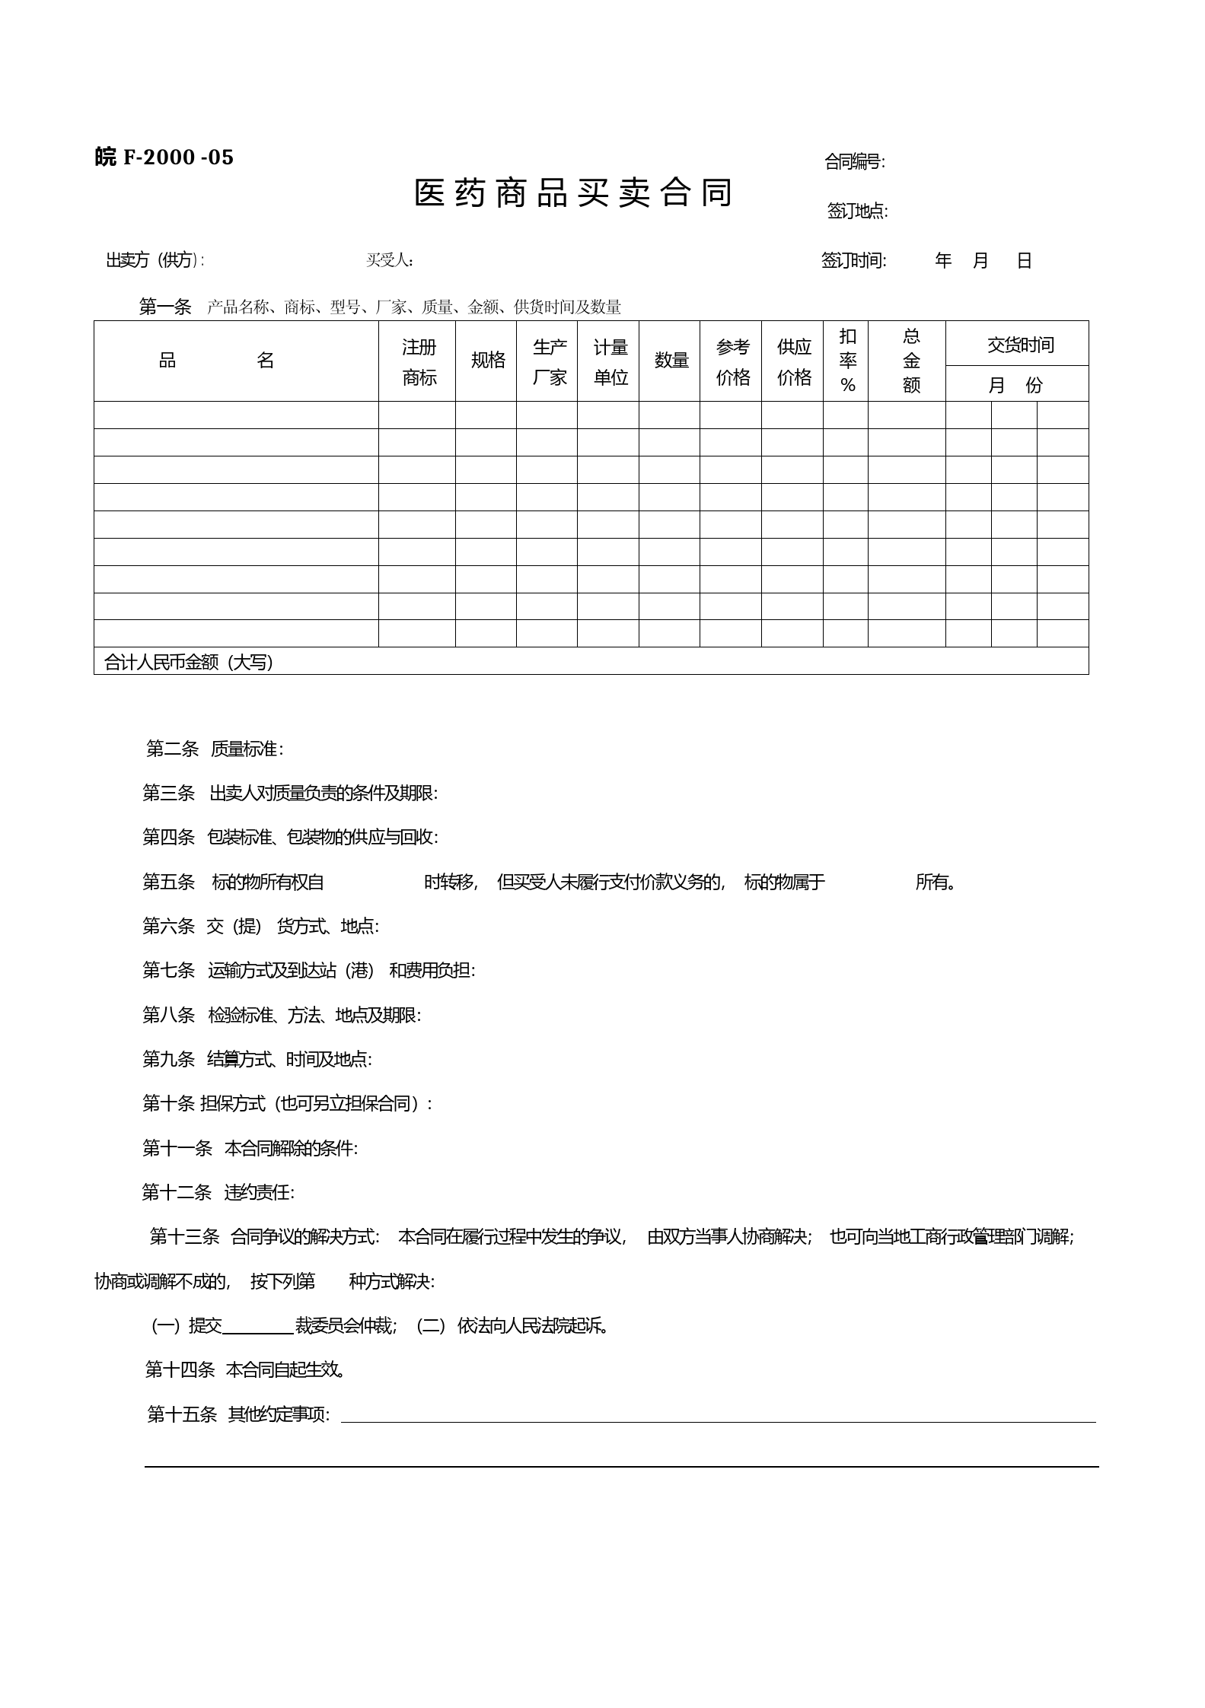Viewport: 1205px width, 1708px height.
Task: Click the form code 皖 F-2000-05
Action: coord(164,157)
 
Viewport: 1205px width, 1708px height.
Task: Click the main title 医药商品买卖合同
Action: coord(572,193)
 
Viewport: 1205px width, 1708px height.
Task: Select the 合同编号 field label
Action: coord(854,162)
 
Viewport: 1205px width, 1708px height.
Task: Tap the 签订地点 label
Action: coord(857,212)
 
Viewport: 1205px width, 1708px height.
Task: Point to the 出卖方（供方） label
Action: coord(155,260)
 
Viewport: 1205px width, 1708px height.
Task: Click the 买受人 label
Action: coord(390,260)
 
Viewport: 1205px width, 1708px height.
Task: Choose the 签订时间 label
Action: coord(853,261)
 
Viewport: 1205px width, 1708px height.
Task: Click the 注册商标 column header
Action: coord(419,362)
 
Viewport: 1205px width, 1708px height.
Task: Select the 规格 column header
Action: coord(487,361)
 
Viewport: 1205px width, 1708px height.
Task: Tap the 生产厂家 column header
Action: coord(549,362)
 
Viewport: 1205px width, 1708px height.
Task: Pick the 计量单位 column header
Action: coord(610,362)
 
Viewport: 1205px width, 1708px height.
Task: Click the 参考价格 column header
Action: coord(732,362)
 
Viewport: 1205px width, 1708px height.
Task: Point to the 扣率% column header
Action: coord(847,361)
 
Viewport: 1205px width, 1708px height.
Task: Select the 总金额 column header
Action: coord(910,361)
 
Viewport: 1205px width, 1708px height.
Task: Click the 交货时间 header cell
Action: coord(1020,345)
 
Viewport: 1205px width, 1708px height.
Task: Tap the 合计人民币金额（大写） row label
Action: coord(188,662)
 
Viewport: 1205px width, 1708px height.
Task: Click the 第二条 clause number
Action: coord(172,749)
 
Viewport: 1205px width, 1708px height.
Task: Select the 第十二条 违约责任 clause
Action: coord(218,1192)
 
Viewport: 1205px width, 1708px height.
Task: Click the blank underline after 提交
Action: coord(258,1327)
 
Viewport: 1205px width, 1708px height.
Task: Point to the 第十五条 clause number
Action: coord(182,1414)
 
